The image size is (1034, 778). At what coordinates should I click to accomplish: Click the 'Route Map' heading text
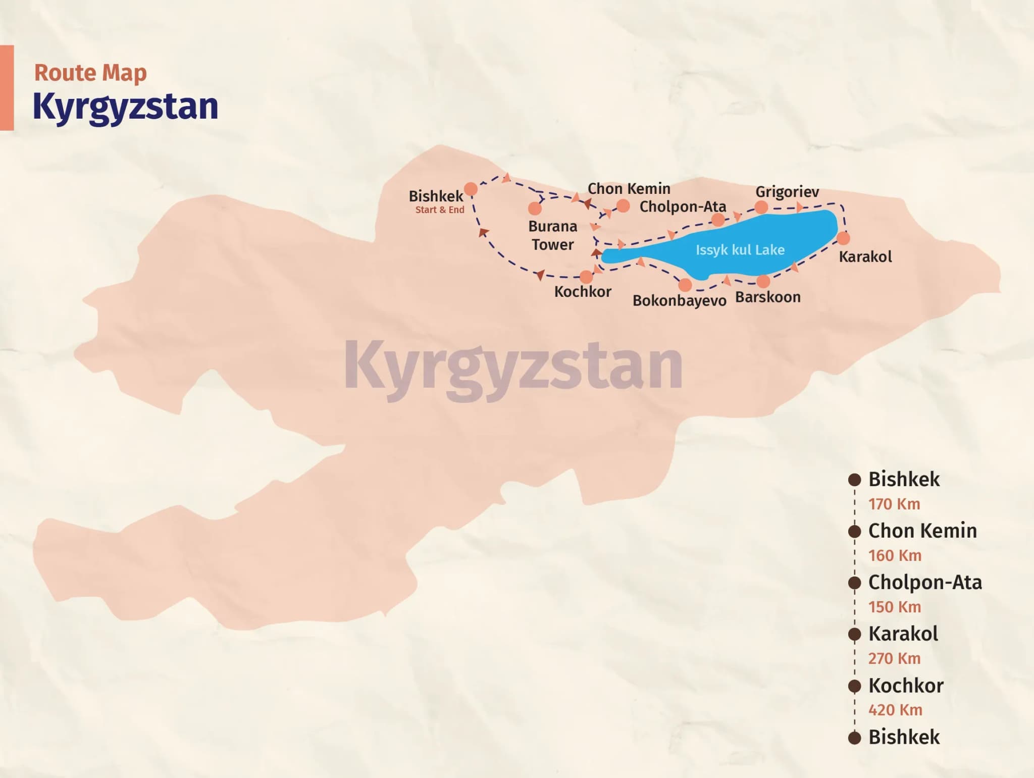pos(90,73)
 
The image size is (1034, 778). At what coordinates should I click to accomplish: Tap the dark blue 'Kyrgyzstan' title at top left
pos(125,107)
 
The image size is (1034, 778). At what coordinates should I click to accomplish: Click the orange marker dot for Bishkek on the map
pos(471,189)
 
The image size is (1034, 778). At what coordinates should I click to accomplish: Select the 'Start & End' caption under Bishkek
pos(439,210)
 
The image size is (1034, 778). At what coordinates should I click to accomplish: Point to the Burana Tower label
pos(552,235)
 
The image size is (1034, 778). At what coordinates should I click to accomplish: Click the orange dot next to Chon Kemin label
pos(623,206)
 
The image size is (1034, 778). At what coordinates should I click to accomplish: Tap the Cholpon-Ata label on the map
pos(683,206)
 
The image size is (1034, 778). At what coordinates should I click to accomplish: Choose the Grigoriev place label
pos(787,192)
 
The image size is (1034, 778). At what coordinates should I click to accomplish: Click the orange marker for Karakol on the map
pos(843,238)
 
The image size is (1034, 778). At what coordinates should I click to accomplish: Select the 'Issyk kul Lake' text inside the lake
pos(740,250)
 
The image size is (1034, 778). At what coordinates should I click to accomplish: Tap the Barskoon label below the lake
pos(767,297)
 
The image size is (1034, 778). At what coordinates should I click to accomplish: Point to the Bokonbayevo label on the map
pos(679,300)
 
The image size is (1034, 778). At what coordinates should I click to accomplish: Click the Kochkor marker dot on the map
pos(586,277)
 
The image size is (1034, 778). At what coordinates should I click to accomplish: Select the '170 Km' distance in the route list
pos(894,504)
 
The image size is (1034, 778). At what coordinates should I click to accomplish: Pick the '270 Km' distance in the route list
pos(894,658)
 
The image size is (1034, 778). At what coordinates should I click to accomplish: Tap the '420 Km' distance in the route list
pos(895,710)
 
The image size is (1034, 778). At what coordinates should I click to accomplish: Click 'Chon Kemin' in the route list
pos(922,531)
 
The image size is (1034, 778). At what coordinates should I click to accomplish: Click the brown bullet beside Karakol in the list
pos(854,634)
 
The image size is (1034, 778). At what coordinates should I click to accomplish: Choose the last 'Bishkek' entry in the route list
pos(904,737)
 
